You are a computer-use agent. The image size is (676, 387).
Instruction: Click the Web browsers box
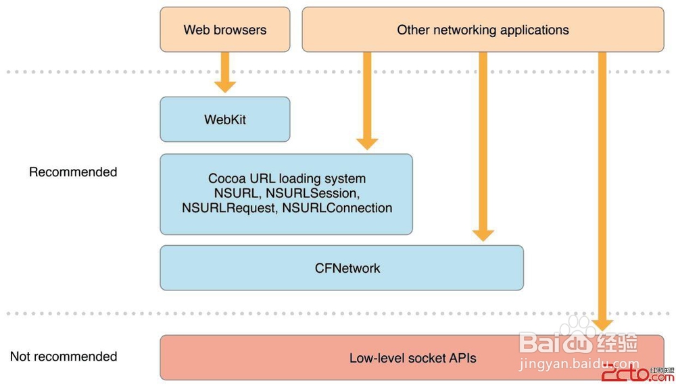click(x=224, y=30)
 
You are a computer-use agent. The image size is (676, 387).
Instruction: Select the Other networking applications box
click(x=483, y=30)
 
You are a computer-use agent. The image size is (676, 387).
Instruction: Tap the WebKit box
click(x=224, y=120)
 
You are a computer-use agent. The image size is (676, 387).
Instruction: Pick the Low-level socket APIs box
click(x=412, y=358)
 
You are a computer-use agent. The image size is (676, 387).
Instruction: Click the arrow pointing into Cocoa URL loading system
click(x=367, y=101)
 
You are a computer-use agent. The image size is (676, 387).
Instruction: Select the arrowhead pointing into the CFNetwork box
click(x=483, y=234)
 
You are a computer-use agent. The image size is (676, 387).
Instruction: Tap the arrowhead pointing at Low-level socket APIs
click(x=602, y=322)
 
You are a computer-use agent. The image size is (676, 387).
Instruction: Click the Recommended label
click(x=73, y=172)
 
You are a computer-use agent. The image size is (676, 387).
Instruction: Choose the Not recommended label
click(x=64, y=357)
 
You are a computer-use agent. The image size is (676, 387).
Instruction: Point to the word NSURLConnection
click(x=337, y=209)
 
